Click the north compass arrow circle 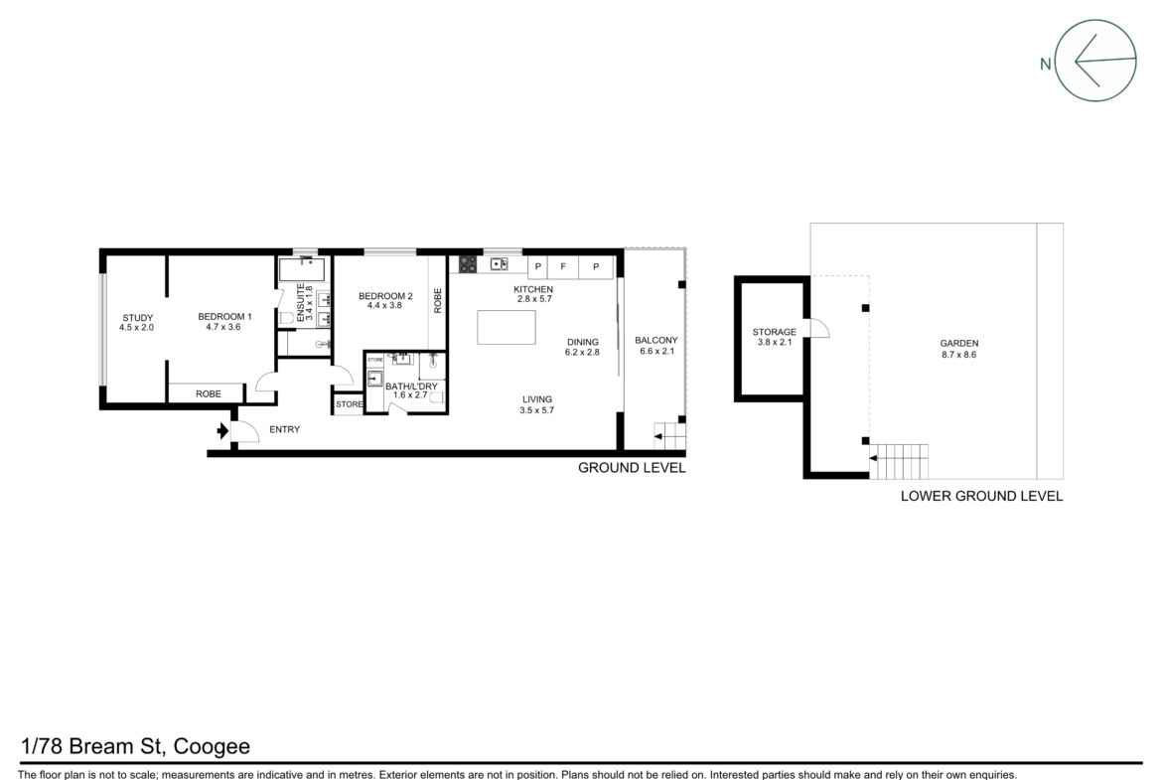point(1095,21)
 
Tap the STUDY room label point(138,317)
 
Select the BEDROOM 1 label point(224,317)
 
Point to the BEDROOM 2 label point(385,296)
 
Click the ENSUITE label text point(301,302)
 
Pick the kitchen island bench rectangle point(507,327)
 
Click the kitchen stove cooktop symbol point(468,264)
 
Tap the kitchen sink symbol point(499,264)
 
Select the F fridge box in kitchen point(563,267)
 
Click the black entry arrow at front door point(222,430)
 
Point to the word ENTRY point(285,429)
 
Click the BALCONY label point(655,341)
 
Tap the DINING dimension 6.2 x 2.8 point(582,352)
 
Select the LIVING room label point(537,398)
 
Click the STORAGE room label point(775,332)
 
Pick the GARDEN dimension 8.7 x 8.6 point(959,355)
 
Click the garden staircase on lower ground point(899,461)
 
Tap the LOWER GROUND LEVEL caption point(982,496)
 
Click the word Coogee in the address point(212,746)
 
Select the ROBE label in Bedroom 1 point(209,393)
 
